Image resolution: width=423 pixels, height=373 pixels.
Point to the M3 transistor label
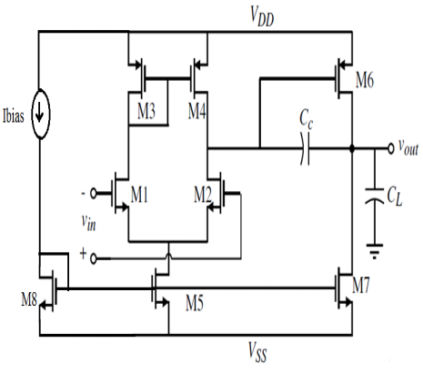[x=146, y=111]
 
